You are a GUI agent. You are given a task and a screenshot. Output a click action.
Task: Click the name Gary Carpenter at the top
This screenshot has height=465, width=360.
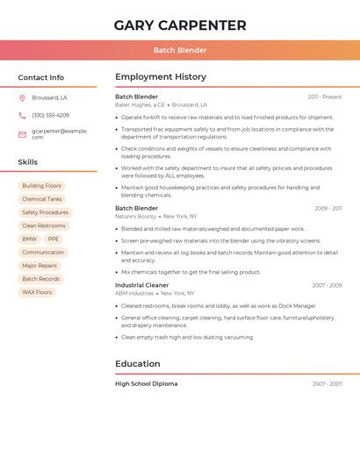point(180,25)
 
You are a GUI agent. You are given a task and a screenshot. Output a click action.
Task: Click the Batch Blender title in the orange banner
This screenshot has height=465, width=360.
point(180,50)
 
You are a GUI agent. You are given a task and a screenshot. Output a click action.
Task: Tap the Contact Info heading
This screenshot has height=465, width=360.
point(40,77)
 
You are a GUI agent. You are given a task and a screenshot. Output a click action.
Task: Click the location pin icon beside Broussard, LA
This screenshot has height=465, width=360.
point(22,97)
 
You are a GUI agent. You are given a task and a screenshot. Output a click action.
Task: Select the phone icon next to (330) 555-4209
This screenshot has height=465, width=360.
point(22,115)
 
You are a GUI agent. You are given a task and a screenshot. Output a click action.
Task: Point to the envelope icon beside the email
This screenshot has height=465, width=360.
point(22,134)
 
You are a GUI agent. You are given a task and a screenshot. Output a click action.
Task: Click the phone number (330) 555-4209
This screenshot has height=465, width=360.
point(50,115)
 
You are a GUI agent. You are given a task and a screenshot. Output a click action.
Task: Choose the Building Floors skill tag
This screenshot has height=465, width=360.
point(41,186)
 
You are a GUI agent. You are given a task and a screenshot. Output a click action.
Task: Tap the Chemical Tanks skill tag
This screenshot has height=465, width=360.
point(41,199)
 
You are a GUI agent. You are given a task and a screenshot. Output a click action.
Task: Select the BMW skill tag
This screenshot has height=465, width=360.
point(29,239)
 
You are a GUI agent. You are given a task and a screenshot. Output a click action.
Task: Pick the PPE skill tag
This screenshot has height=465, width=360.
point(54,239)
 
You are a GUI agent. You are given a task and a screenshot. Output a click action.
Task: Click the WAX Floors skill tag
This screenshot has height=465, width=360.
point(37,292)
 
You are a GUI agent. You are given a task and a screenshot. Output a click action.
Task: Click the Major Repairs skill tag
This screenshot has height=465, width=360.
point(40,265)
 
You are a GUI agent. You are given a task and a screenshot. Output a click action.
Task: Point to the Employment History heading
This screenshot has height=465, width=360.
point(161,77)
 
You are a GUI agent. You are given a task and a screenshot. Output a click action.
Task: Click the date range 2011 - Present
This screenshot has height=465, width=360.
point(324,97)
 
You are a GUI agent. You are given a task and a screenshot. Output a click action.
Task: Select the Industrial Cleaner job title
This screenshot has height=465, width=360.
point(141,285)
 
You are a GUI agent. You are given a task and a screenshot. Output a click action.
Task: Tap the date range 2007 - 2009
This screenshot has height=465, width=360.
point(327,285)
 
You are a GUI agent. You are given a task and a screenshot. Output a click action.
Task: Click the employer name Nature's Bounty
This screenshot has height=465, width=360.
point(135,216)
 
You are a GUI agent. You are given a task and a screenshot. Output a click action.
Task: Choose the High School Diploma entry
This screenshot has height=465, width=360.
point(146,383)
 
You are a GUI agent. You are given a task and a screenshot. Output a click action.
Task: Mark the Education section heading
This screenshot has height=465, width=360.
point(138,363)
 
